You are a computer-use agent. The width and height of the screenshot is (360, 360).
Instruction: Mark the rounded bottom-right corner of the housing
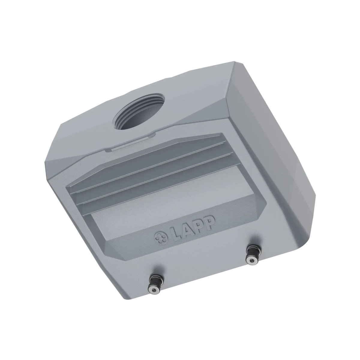[303, 234]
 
